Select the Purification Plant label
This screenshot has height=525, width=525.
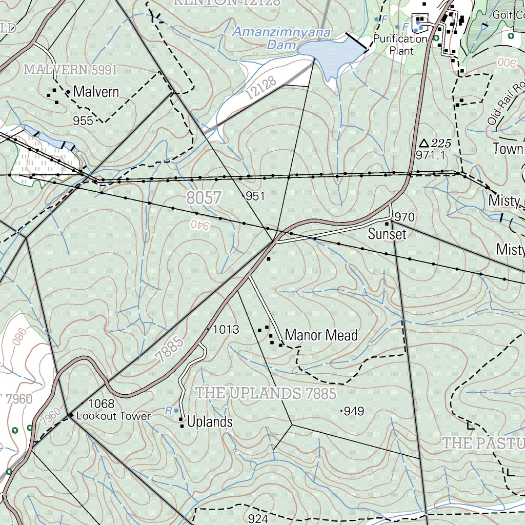point(400,45)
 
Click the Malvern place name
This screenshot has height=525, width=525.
point(96,92)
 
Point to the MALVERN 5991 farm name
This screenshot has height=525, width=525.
point(71,69)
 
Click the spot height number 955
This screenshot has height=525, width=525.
point(83,121)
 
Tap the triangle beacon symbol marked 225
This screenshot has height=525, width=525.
point(423,143)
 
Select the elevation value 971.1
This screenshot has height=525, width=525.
point(431,155)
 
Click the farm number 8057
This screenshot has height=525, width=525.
point(204,198)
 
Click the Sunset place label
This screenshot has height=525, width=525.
point(387,234)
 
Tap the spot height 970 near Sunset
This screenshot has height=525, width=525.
point(405,217)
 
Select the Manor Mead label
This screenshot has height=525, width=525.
point(321,335)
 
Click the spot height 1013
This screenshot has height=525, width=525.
point(226,330)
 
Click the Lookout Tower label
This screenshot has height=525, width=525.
point(113,416)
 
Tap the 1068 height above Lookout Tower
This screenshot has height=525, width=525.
point(101,404)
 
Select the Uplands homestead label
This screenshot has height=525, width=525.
point(210,422)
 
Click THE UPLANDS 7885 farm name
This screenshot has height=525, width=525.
point(266,393)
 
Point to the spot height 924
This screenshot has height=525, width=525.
point(258,518)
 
